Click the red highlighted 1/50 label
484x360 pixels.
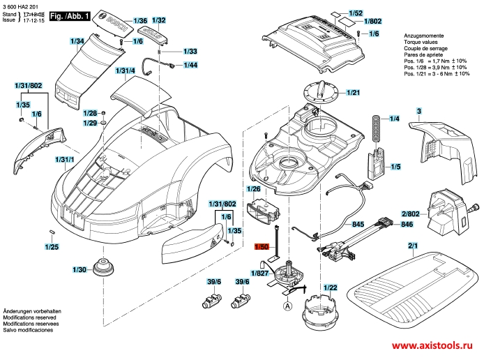coord(262,246)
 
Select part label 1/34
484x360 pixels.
coord(77,43)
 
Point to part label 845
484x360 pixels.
coord(358,225)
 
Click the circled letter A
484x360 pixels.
coord(287,303)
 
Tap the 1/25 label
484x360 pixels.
coord(51,246)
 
